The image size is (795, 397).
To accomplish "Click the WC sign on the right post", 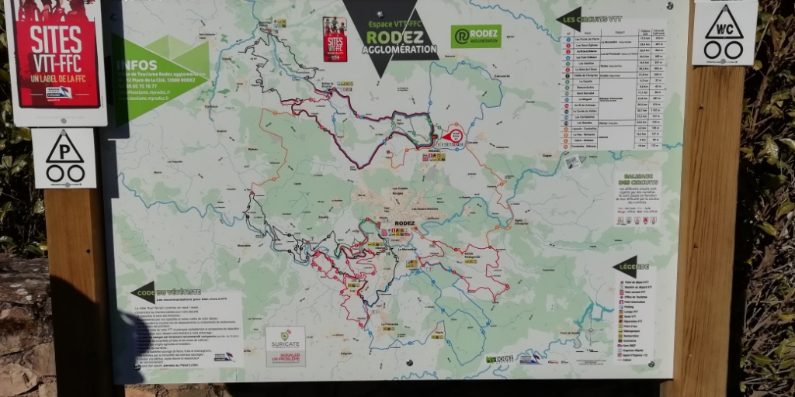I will click(x=724, y=33).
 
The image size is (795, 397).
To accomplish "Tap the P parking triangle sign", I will click(x=64, y=158).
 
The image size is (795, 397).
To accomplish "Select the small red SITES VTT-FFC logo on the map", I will click(x=335, y=39).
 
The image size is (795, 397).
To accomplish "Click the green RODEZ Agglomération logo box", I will click(x=475, y=36).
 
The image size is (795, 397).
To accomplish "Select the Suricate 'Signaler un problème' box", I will click(x=286, y=346).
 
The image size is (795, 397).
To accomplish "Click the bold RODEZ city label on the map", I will click(x=404, y=223).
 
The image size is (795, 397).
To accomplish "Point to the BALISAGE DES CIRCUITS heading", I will click(x=635, y=179).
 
